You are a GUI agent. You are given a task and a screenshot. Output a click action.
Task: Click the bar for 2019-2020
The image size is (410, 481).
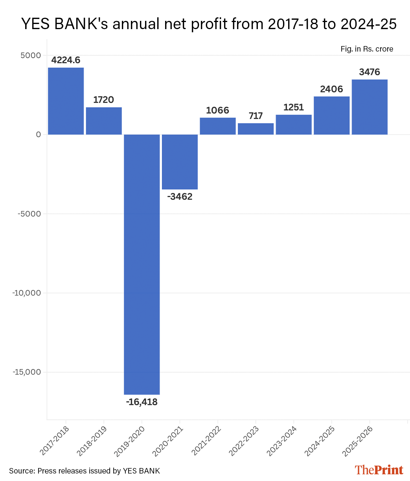142,264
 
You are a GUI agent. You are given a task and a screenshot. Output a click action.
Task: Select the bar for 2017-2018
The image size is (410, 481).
66,101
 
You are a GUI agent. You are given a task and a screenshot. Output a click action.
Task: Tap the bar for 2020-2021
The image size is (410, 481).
180,162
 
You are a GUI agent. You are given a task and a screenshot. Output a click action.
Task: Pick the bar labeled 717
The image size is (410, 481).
256,129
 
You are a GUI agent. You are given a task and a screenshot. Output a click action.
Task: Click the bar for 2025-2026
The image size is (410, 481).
370,107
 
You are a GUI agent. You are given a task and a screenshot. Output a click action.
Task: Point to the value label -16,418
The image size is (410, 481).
142,402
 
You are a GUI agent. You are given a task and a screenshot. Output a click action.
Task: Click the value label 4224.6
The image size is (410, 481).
66,60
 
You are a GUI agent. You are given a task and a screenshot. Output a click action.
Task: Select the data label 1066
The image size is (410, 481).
217,110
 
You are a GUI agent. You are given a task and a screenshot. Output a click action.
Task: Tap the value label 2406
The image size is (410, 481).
331,89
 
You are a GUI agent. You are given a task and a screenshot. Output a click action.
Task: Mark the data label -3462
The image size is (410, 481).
180,197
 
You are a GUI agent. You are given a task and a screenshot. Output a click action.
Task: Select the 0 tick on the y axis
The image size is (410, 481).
38,135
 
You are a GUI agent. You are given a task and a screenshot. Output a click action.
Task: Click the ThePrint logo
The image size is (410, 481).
379,470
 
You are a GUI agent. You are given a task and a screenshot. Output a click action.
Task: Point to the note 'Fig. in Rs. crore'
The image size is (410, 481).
367,49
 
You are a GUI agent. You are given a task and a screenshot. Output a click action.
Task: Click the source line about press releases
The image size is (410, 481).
85,471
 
